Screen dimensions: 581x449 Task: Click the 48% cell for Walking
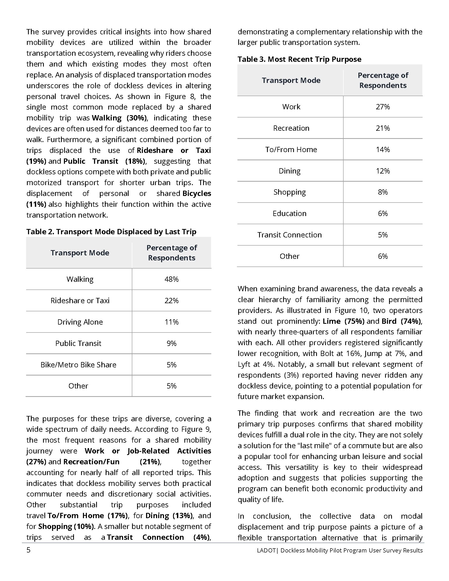(x=172, y=279)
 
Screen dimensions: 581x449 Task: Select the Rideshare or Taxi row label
(x=80, y=301)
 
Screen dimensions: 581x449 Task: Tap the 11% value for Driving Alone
(x=172, y=322)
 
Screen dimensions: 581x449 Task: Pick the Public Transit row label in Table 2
(x=78, y=343)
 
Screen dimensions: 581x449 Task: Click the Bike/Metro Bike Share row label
(x=78, y=364)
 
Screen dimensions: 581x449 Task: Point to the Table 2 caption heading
(x=111, y=232)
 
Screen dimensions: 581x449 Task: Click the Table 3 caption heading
(x=300, y=59)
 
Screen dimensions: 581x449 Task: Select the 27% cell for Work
(x=383, y=107)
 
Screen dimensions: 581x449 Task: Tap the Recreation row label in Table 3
(x=291, y=128)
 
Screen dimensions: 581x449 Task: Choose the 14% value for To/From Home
(x=383, y=149)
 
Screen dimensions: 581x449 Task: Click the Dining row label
(x=290, y=171)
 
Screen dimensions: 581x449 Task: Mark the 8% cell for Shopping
(x=383, y=192)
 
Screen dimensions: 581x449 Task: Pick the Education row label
(x=290, y=213)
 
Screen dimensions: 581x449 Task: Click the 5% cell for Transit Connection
(x=383, y=235)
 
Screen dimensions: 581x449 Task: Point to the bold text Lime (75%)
(x=343, y=321)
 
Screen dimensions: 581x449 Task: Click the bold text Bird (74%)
(x=401, y=321)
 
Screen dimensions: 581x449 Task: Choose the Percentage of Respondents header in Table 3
(x=383, y=80)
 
